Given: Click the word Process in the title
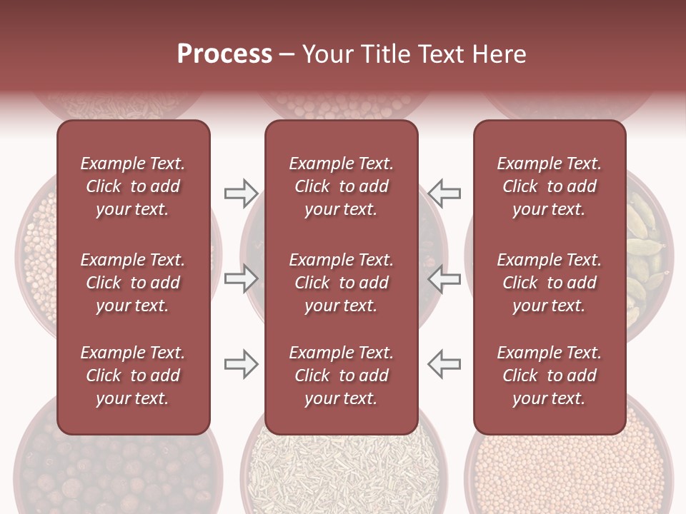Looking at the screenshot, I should tap(224, 54).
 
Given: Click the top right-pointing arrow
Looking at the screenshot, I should tap(241, 193).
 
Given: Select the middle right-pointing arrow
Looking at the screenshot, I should tap(241, 278).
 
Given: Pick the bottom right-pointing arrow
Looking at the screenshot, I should tap(241, 364).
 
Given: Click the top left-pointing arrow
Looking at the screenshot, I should tap(444, 193).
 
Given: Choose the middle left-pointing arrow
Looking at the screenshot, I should tap(444, 278).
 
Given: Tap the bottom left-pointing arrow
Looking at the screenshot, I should tap(444, 364).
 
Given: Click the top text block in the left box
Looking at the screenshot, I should tap(133, 186).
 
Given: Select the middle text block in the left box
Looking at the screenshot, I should tap(133, 283).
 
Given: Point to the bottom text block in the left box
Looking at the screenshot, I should tap(133, 376).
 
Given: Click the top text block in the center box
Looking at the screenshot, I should tap(341, 186).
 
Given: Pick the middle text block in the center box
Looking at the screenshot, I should tap(341, 283).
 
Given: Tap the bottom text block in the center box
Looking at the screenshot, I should tap(341, 376).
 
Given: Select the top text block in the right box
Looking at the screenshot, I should tap(549, 186).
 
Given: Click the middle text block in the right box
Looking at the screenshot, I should tap(549, 283).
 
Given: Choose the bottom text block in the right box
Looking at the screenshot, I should tap(549, 376).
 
